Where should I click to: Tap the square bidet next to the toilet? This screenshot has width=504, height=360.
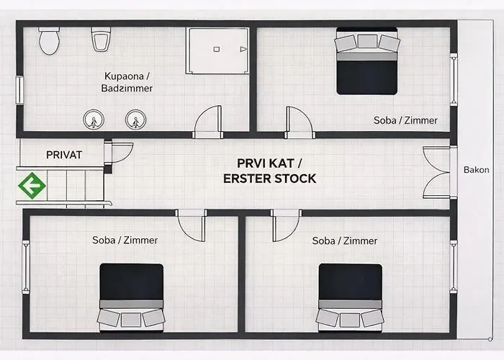(100, 39)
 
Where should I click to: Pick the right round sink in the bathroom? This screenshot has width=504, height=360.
(133, 119)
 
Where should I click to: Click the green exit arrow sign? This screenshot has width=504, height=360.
(32, 186)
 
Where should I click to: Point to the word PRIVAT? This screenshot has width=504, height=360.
(64, 155)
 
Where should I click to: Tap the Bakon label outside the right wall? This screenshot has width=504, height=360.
(476, 171)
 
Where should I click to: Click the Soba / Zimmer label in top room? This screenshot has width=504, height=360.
(405, 120)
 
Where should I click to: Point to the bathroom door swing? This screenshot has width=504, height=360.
(208, 121)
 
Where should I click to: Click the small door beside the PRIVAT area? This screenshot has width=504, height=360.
(119, 153)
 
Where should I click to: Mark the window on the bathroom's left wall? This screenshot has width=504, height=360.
(20, 90)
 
